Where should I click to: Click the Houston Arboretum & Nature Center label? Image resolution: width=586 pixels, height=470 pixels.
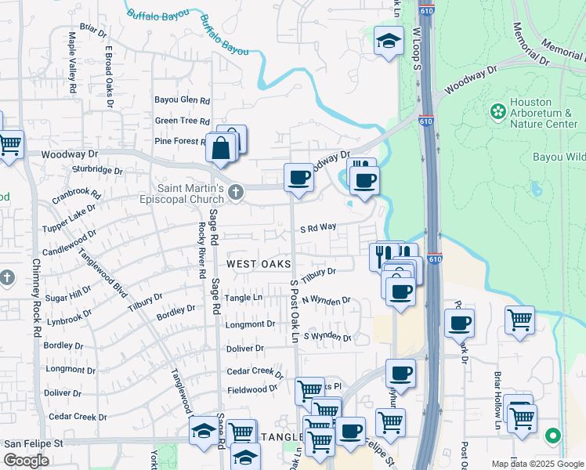tap(544, 113)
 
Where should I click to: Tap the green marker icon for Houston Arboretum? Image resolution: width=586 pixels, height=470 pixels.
tap(497, 111)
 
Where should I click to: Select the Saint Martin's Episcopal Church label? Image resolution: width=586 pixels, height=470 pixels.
tap(192, 194)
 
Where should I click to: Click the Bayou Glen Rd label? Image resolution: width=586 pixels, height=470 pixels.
tap(182, 100)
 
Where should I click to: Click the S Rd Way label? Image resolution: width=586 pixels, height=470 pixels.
tap(318, 227)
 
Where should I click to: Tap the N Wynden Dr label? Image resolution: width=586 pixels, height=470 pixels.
tap(325, 300)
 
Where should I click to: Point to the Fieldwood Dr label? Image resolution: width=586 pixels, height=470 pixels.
tap(252, 388)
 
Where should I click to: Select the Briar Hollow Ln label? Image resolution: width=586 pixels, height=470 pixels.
tap(497, 400)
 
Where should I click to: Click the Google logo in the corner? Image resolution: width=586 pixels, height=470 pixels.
tap(26, 461)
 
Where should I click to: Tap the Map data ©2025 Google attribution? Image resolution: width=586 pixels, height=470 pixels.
tap(537, 464)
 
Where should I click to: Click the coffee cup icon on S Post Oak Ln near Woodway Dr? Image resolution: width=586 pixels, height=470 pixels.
tap(298, 176)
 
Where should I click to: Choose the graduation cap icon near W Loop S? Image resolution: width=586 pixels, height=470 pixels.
tap(388, 41)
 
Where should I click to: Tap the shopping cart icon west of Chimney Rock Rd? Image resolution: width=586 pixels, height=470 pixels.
tap(9, 143)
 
